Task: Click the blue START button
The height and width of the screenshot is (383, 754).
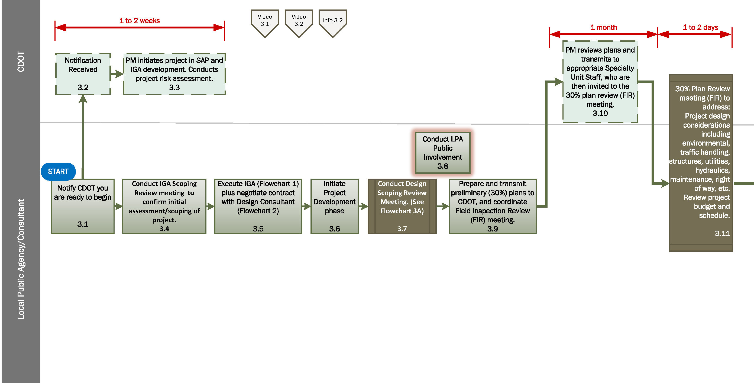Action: coord(58,172)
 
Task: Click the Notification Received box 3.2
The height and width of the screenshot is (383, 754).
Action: coord(83,74)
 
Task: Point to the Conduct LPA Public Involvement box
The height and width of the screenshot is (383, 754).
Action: coord(443,153)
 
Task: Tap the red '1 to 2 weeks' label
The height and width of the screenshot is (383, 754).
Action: coord(139,21)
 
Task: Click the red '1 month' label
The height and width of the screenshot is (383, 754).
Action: coord(603,28)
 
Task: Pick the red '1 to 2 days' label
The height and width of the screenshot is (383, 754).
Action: coord(700,28)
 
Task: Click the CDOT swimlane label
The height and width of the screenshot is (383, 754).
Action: coord(21,62)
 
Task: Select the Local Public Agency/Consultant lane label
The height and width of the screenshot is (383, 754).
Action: coord(21,259)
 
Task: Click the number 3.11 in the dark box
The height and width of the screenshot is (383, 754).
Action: coord(722,233)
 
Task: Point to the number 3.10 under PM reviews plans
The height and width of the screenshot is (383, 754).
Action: coord(600,113)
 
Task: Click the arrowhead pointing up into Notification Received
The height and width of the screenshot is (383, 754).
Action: coord(83,99)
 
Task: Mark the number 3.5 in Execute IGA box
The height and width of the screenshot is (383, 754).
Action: coord(258,229)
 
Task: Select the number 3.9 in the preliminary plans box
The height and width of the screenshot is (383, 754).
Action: coord(492,229)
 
